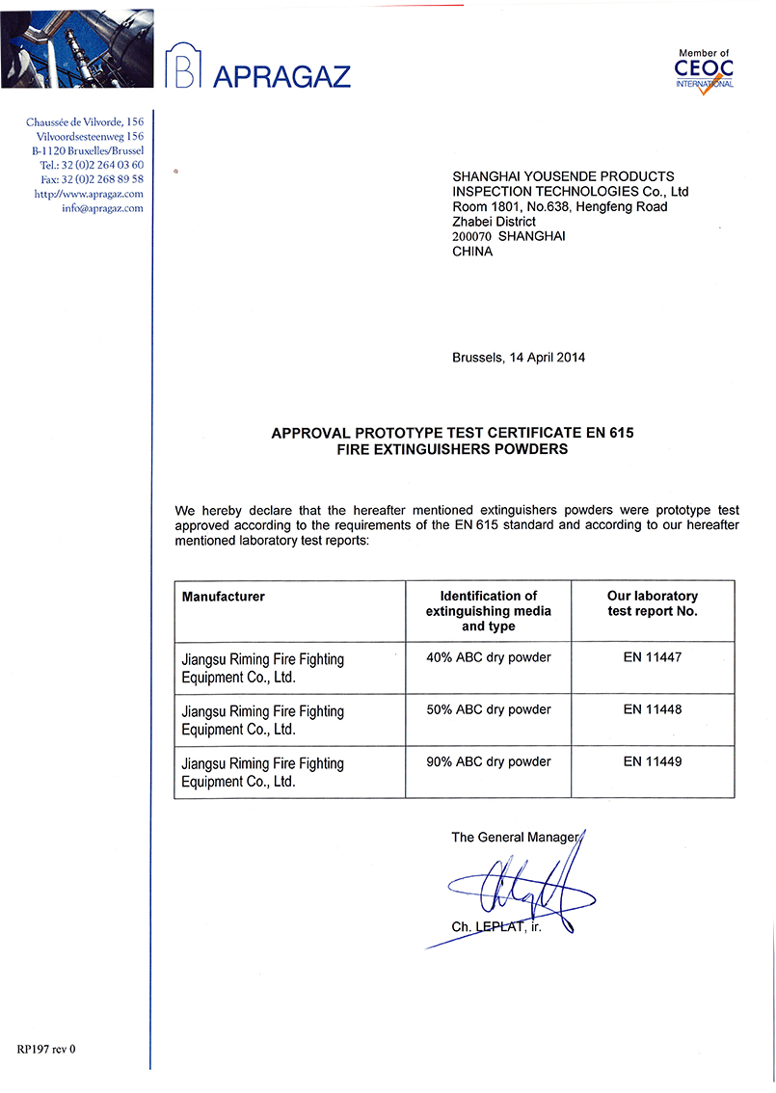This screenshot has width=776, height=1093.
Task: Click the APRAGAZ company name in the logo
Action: pyautogui.click(x=281, y=76)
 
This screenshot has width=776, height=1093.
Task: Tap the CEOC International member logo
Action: pyautogui.click(x=705, y=70)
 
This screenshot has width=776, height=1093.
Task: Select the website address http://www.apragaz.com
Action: pyautogui.click(x=89, y=194)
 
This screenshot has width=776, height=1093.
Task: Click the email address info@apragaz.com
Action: pyautogui.click(x=102, y=208)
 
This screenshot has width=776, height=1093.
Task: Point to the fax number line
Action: pyautogui.click(x=93, y=179)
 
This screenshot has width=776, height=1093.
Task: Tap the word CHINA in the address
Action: pyautogui.click(x=472, y=252)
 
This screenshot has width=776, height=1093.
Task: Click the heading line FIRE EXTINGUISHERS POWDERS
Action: pyautogui.click(x=452, y=449)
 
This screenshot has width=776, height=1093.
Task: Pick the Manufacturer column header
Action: pyautogui.click(x=224, y=597)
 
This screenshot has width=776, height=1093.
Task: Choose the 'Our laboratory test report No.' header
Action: pyautogui.click(x=653, y=603)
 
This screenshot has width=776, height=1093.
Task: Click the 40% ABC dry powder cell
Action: pyautogui.click(x=489, y=658)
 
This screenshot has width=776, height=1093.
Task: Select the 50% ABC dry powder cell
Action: pyautogui.click(x=489, y=710)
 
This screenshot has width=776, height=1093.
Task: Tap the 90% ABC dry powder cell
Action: pyautogui.click(x=489, y=762)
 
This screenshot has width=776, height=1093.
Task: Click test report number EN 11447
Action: pyautogui.click(x=653, y=658)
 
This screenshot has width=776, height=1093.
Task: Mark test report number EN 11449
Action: pyautogui.click(x=653, y=762)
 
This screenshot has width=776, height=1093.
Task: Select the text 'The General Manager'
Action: pyautogui.click(x=515, y=838)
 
